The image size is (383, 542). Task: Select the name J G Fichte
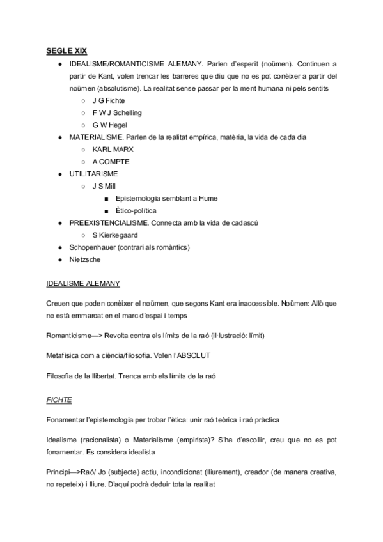click(109, 101)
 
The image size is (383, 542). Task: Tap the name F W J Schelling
click(117, 112)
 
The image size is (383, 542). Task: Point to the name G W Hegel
click(110, 125)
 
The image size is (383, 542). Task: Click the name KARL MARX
click(114, 149)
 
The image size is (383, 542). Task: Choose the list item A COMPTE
click(111, 161)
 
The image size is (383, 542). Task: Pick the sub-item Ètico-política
click(136, 210)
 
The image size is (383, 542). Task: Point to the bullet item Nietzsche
click(85, 259)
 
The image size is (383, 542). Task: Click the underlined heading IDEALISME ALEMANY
click(83, 283)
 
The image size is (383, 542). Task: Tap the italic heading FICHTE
click(59, 399)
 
